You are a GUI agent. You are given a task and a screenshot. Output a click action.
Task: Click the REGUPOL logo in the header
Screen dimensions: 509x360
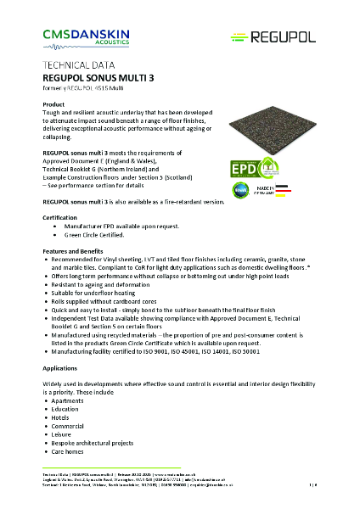tap(273, 36)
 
